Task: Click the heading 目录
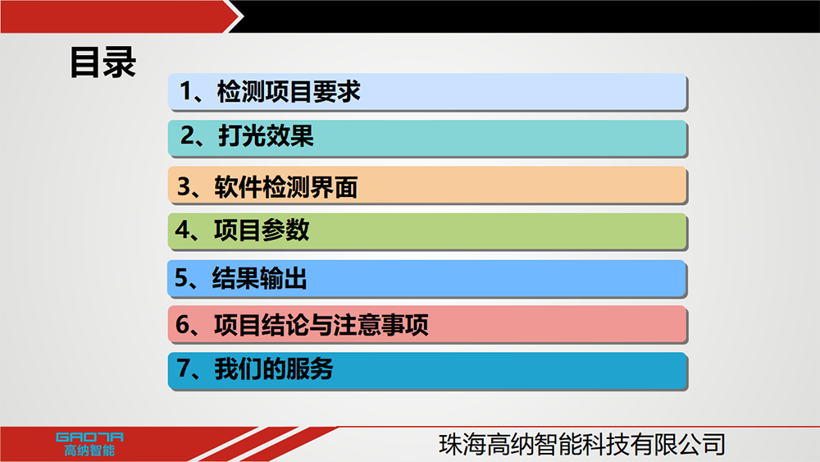coord(103,62)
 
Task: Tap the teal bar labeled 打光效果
coord(427,138)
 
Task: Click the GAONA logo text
coord(89,437)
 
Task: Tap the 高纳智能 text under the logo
coord(89,451)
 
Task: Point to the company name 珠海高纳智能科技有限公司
coord(582,444)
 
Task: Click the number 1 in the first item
coord(186,91)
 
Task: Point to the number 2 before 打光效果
coord(188,135)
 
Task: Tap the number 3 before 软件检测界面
coord(184,186)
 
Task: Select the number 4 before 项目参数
coord(183,230)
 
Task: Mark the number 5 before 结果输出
coord(181,277)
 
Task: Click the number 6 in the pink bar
coord(183,324)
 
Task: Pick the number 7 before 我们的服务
coord(184,368)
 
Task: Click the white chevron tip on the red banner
coord(244,16)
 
